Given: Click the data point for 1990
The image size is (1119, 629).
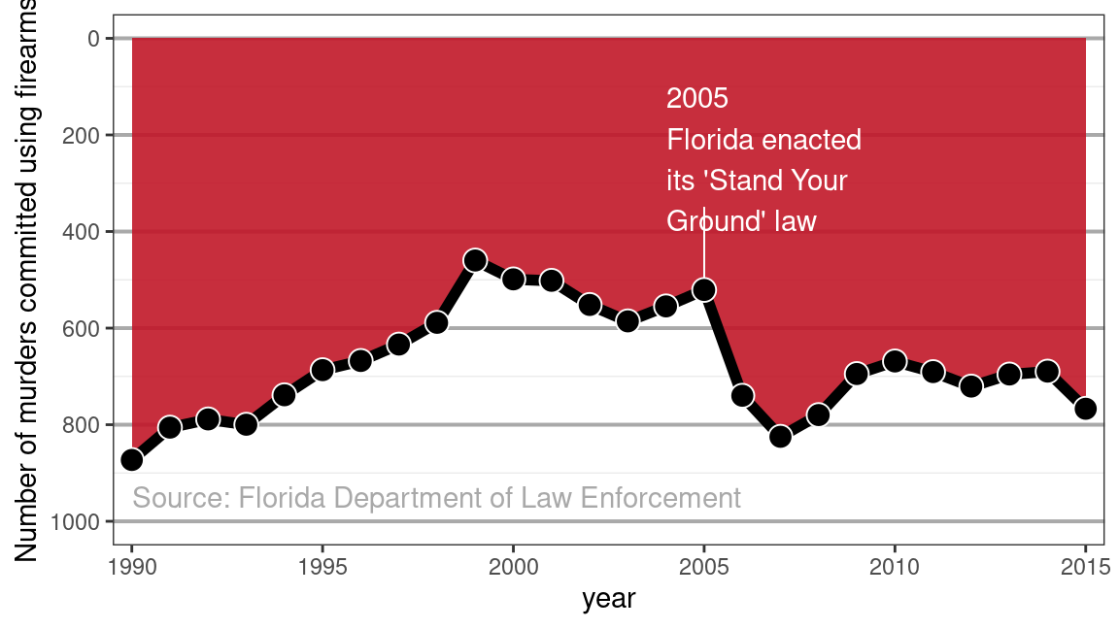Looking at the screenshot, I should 132,459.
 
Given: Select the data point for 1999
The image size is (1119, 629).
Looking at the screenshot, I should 475,260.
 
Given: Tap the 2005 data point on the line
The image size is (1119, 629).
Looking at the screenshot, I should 704,290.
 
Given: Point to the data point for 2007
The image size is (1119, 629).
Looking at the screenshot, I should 780,437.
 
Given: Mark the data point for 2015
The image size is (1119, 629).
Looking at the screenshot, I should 1085,409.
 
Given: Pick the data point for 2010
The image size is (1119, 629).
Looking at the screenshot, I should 895,361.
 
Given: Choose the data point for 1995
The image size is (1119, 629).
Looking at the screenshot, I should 322,370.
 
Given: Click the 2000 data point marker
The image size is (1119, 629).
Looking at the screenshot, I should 514,279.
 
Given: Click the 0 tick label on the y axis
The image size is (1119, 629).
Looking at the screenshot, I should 94,39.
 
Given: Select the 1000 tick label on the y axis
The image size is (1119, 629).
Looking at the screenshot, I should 76,522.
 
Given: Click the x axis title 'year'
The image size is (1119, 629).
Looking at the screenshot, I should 608,599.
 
